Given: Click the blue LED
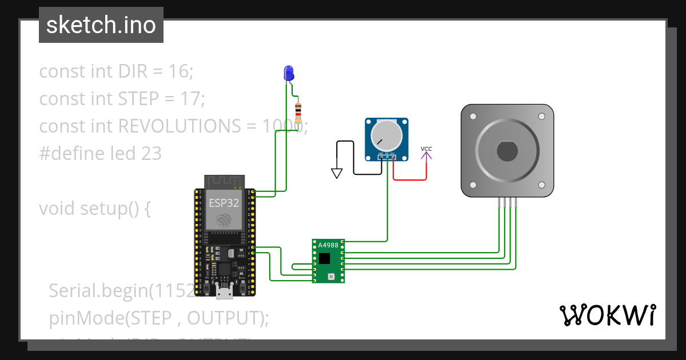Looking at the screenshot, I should click(x=289, y=73).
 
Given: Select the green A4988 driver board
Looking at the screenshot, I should click(x=329, y=261).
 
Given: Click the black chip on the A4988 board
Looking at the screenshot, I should click(x=324, y=258).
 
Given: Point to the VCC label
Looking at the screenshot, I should click(x=426, y=149).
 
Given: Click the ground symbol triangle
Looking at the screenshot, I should click(x=337, y=173).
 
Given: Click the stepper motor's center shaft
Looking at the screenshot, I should click(x=507, y=151).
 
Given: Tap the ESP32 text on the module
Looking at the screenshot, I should click(x=224, y=202).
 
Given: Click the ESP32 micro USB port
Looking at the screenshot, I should click(x=224, y=293).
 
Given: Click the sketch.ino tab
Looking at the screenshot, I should click(x=101, y=25).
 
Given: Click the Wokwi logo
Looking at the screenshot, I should click(x=607, y=315).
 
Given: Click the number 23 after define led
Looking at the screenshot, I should click(x=151, y=153).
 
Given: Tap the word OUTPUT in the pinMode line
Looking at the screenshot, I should click(x=221, y=318).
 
